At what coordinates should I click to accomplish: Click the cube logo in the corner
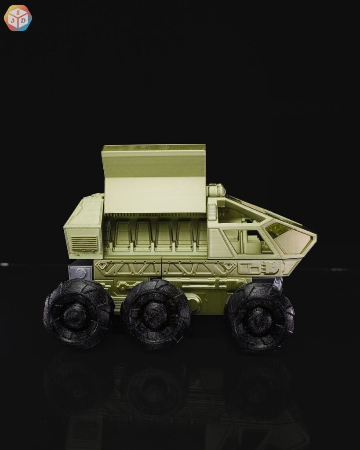(x=18, y=18)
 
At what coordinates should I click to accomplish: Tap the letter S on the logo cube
(x=18, y=11)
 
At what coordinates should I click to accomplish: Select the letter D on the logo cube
(x=24, y=21)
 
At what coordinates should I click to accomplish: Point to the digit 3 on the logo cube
(x=13, y=21)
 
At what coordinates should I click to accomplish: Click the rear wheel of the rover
(x=78, y=313)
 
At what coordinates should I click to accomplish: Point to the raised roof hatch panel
(x=154, y=179)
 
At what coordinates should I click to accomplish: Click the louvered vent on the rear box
(x=84, y=243)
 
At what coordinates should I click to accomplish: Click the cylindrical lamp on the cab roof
(x=216, y=191)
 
